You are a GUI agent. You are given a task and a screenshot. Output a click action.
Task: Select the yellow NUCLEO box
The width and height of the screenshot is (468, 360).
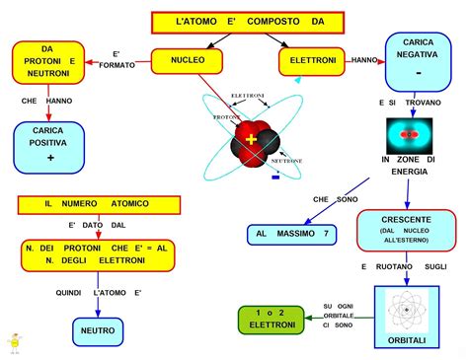click(188, 60)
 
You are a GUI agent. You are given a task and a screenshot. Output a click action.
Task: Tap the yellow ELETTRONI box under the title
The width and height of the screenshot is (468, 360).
click(312, 60)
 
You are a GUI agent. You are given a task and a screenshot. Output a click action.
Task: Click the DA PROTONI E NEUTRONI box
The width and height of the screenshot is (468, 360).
click(47, 63)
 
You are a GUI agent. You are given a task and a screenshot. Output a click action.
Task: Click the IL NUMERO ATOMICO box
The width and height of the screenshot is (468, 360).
click(98, 204)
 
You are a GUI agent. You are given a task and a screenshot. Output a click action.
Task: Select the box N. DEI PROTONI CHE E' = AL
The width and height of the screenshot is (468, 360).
click(98, 253)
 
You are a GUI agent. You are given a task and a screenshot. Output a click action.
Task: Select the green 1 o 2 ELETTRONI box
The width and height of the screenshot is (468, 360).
click(267, 318)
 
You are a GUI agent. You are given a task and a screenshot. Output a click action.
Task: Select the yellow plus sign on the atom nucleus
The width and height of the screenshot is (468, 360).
click(252, 137)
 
